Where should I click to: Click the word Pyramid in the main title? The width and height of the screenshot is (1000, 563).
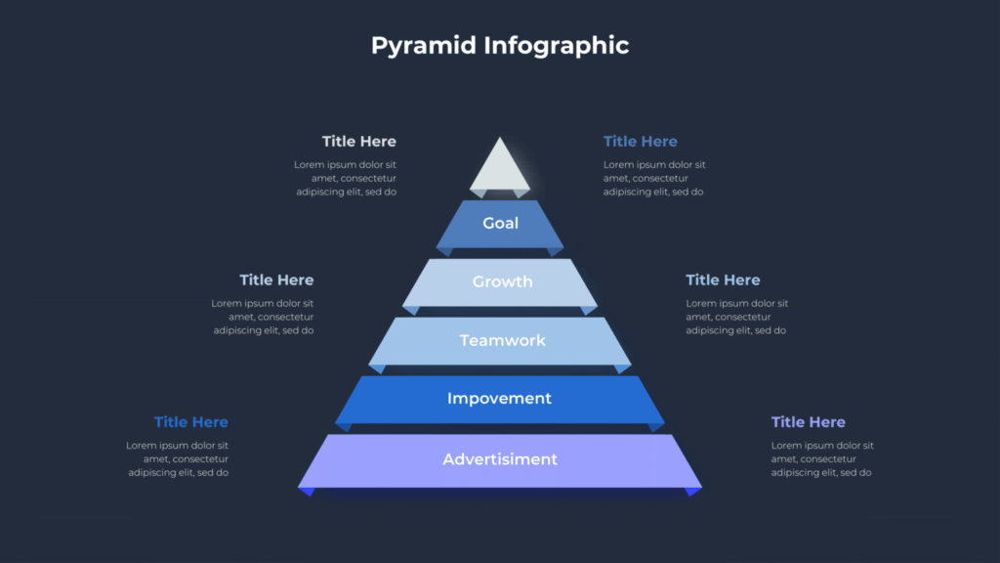(x=424, y=46)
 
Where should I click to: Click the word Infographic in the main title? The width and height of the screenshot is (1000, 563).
(x=556, y=46)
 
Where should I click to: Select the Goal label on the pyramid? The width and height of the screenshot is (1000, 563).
(x=501, y=224)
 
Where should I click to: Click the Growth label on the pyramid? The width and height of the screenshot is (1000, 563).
(x=503, y=281)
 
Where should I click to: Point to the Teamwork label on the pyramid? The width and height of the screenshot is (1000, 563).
(x=503, y=340)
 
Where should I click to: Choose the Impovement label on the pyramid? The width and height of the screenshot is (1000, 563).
(x=499, y=399)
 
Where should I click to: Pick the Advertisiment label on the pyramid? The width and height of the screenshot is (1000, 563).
(x=500, y=459)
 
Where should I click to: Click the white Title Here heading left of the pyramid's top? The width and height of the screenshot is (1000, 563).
(x=359, y=141)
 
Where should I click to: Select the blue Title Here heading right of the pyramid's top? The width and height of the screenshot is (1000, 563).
(x=641, y=141)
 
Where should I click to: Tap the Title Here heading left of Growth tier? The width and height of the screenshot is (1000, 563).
(x=276, y=280)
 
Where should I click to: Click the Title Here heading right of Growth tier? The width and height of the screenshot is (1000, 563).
(x=724, y=280)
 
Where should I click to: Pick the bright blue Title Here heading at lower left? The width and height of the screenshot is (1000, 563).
(x=191, y=422)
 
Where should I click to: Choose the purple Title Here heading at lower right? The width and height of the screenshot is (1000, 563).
(x=809, y=422)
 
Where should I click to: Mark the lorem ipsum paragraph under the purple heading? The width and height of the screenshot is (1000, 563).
(x=822, y=459)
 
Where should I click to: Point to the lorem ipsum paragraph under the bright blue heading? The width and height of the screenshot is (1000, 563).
(x=178, y=459)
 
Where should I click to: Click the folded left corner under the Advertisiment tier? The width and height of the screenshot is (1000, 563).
(x=307, y=492)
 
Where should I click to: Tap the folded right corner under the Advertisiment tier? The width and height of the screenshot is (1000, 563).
(x=693, y=492)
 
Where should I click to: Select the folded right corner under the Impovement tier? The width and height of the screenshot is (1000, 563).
(x=656, y=427)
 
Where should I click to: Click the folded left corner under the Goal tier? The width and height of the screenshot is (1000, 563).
(x=445, y=251)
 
